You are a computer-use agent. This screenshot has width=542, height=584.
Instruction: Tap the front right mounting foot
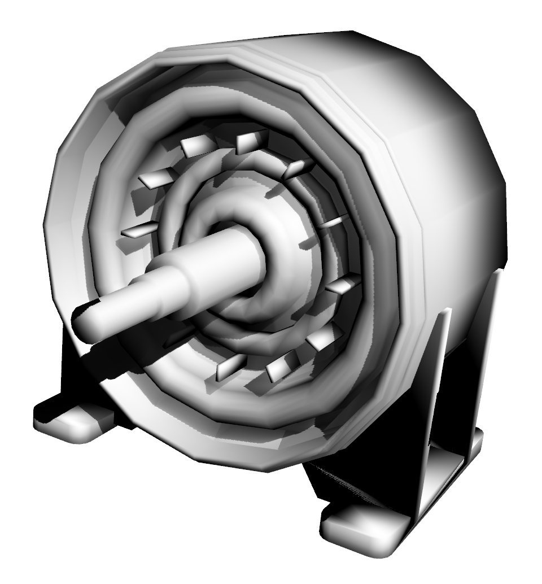tap(361, 528)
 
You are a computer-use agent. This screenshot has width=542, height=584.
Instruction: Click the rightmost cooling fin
tap(344, 285)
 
